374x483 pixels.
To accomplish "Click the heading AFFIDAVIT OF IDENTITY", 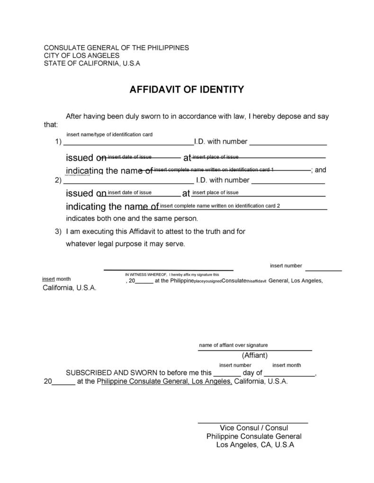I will point(187,89).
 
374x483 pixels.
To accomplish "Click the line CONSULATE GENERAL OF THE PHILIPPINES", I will point(116,48).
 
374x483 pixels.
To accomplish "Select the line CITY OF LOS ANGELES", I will point(81,55).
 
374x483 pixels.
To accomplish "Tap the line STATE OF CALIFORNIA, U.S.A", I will point(92,63).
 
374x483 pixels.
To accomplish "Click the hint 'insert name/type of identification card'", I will point(109,135).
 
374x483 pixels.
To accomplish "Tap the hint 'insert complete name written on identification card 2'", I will point(220,206).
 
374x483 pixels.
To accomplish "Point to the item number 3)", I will point(58,232).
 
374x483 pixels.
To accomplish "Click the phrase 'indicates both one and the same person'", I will point(132,218).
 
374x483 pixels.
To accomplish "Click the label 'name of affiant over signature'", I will point(233,345).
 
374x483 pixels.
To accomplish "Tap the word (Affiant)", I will point(255,355).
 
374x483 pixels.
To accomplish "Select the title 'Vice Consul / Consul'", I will point(254,428).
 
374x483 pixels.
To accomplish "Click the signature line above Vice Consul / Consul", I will point(253,422).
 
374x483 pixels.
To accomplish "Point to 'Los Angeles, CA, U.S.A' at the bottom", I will point(255,445).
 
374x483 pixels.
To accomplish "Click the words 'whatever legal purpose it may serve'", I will point(125,244).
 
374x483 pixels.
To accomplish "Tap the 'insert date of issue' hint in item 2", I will point(130,192).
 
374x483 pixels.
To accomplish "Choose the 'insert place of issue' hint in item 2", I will point(215,192).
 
